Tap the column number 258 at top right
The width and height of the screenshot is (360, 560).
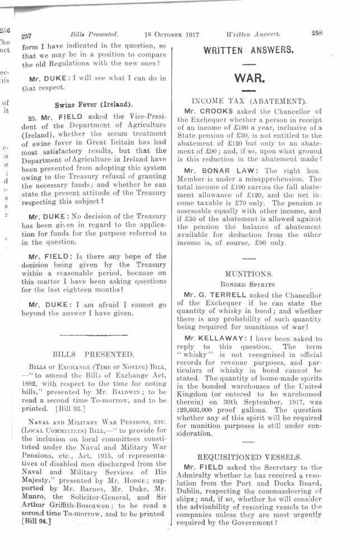click(x=318, y=33)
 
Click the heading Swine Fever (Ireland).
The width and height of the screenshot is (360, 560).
click(x=93, y=105)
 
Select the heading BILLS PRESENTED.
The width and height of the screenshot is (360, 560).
click(x=93, y=354)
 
